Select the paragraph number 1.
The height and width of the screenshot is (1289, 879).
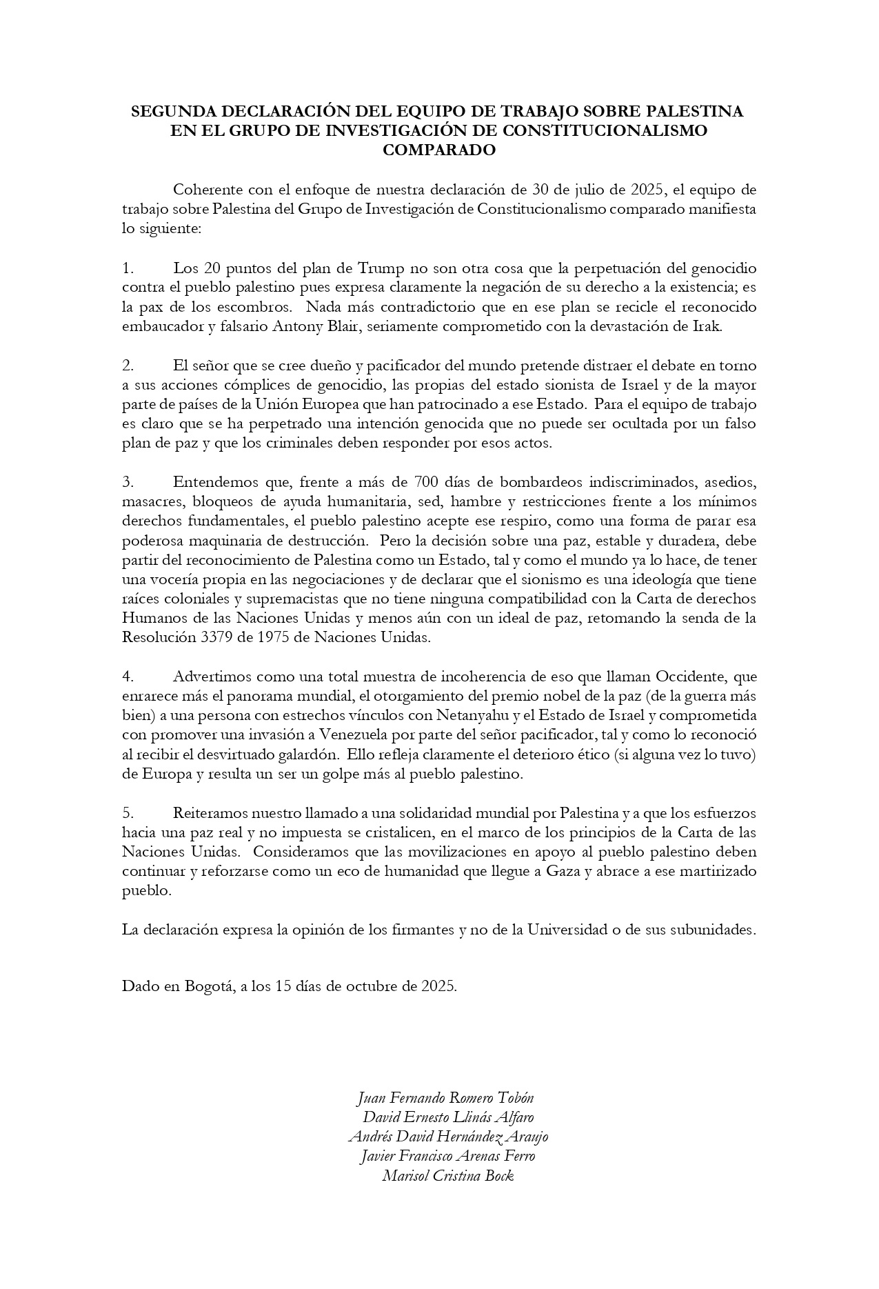click(x=127, y=267)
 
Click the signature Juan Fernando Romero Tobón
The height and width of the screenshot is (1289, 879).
click(x=446, y=1098)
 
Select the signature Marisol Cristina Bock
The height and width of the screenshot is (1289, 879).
click(x=448, y=1176)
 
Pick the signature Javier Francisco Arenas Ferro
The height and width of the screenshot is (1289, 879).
click(x=448, y=1157)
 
